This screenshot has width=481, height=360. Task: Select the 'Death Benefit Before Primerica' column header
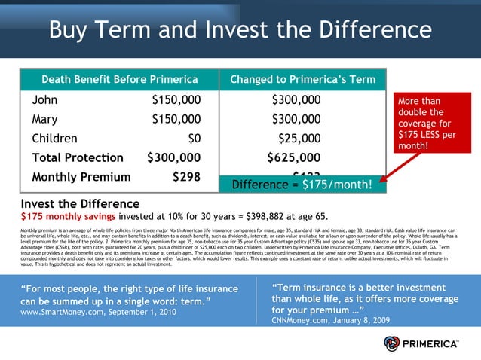point(119,80)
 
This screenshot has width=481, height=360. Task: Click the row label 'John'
point(44,100)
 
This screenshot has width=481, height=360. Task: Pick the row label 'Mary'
point(45,119)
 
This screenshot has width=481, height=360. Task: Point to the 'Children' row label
point(54,139)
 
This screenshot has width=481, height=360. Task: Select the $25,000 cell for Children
point(299,139)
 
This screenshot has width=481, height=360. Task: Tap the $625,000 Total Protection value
point(294,158)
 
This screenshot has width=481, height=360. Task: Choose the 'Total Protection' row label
point(78,158)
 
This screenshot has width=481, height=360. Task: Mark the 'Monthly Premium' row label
point(81,178)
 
